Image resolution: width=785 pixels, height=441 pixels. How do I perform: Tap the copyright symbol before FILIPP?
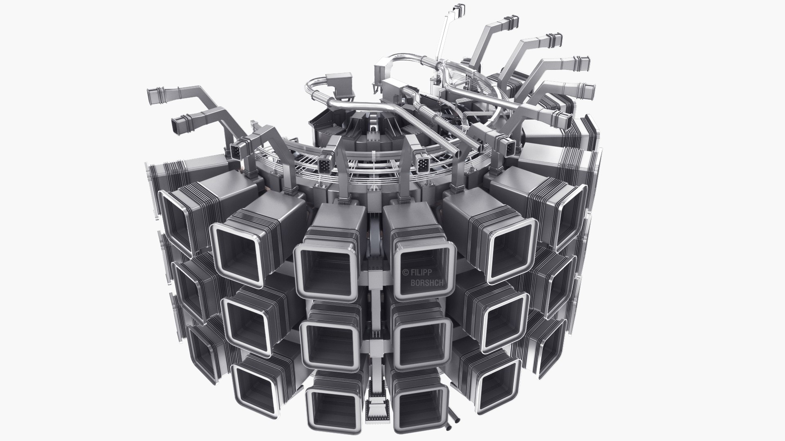[406, 272]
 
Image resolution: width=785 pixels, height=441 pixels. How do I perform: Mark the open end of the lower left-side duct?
[179, 126]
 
